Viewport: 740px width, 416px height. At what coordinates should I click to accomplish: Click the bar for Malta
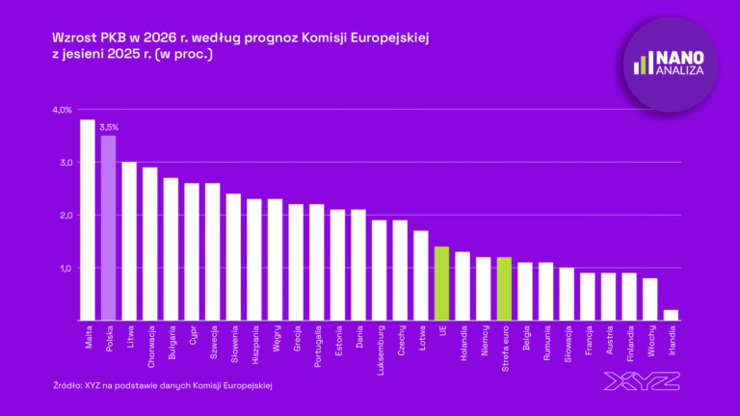(x=87, y=220)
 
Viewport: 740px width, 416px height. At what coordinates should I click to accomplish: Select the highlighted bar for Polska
(x=108, y=227)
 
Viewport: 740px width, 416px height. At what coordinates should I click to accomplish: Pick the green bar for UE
(x=441, y=283)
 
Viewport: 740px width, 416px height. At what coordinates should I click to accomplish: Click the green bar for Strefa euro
(x=503, y=288)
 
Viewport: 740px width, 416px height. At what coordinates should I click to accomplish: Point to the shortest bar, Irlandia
(x=670, y=315)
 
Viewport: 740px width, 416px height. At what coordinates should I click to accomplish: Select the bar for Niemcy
(x=483, y=288)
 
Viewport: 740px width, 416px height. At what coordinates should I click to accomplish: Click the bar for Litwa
(x=128, y=241)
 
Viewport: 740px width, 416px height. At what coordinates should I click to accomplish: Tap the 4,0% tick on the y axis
(x=62, y=110)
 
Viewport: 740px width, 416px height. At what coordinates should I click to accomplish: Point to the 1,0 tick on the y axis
(x=64, y=268)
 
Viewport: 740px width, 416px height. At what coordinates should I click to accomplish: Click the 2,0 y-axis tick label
(x=64, y=215)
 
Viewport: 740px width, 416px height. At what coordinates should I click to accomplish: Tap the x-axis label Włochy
(x=651, y=342)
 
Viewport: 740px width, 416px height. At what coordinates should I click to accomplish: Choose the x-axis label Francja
(x=589, y=343)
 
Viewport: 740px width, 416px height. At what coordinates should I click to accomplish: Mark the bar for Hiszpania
(x=254, y=259)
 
